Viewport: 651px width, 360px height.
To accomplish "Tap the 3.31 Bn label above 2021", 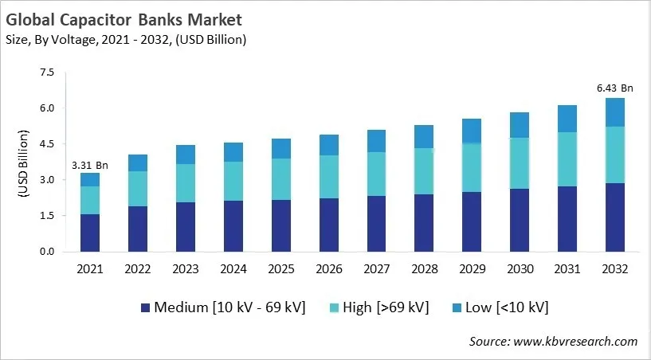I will click(90, 165).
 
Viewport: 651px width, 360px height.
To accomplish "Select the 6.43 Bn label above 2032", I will click(615, 88).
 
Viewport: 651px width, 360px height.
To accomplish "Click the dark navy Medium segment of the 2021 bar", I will click(90, 233).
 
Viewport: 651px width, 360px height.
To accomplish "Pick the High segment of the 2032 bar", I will click(615, 155).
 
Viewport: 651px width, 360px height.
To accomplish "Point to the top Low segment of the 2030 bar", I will click(520, 125).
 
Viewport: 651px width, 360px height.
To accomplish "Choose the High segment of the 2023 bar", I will click(186, 183).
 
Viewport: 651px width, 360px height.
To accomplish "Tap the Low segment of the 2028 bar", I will click(424, 136).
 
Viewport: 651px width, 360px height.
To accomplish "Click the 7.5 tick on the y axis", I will click(47, 72).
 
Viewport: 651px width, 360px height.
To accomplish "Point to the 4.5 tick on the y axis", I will click(47, 144).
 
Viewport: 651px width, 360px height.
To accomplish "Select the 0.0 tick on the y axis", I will click(47, 252).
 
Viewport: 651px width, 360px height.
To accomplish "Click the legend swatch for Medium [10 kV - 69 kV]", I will click(145, 307).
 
